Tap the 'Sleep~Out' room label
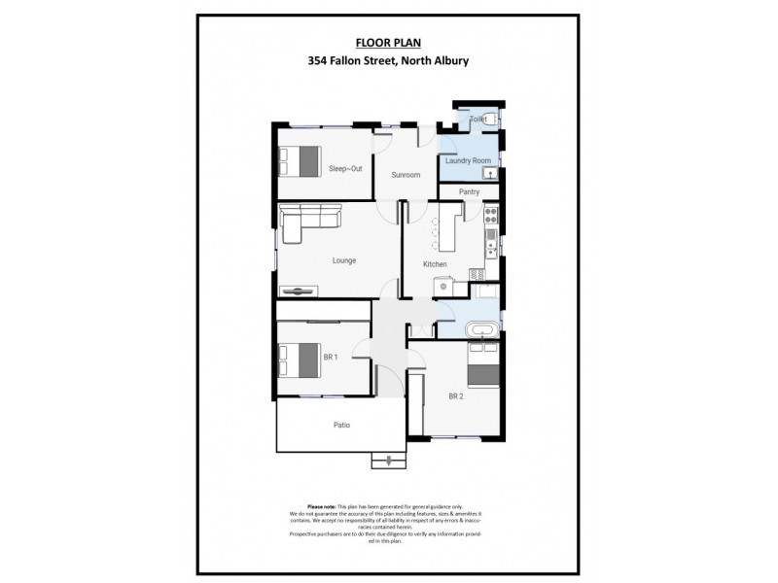coord(344,168)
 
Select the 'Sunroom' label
coord(406,175)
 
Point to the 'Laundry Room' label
coord(468,160)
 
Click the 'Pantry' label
coord(470,192)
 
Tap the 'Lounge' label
coord(343,260)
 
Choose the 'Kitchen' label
coord(434,264)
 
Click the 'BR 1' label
coord(330,357)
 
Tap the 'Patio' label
coord(341,425)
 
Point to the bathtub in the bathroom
coord(483,329)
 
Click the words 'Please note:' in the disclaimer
coord(321,506)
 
